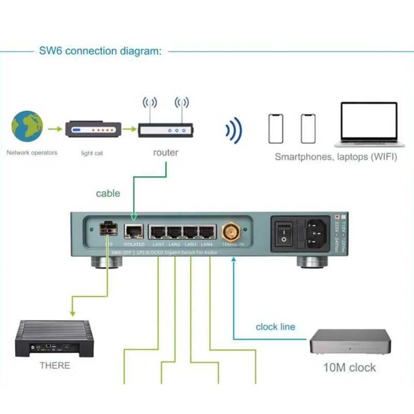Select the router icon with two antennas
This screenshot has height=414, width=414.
(166, 129)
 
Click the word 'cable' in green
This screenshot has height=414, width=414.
(108, 194)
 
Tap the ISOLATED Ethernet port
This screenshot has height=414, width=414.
(134, 232)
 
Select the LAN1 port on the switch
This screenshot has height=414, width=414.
(158, 232)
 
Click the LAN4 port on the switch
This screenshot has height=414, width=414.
(207, 232)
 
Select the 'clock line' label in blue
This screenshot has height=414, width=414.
(275, 327)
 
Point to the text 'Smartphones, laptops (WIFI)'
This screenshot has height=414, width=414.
(336, 157)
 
